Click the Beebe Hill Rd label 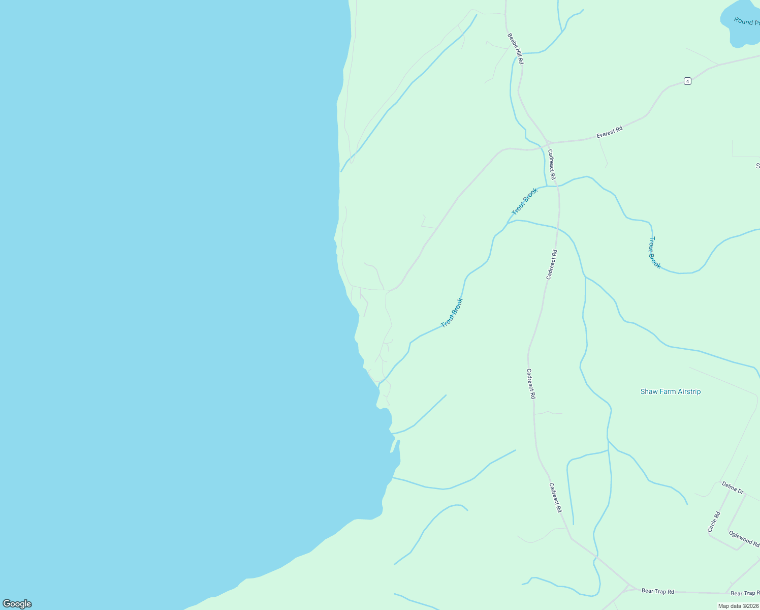click(x=515, y=49)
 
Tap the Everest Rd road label click(x=609, y=133)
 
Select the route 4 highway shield click(x=687, y=81)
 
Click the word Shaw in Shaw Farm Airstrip click(x=649, y=391)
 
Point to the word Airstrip click(x=688, y=391)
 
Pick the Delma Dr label click(x=733, y=488)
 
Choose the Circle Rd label click(x=714, y=522)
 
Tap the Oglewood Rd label click(x=744, y=538)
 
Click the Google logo click(x=17, y=604)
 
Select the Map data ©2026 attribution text click(x=738, y=606)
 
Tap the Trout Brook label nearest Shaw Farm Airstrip click(x=655, y=253)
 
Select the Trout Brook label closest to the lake click(x=452, y=313)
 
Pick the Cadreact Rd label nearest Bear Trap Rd click(x=555, y=497)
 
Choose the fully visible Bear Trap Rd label click(x=657, y=591)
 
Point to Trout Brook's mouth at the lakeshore click(x=379, y=385)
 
